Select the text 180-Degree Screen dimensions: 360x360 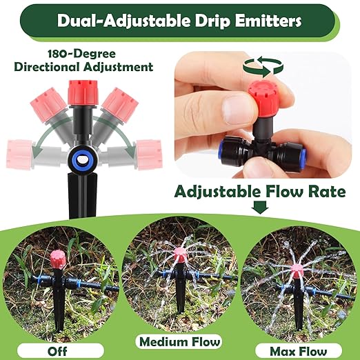coord(81,54)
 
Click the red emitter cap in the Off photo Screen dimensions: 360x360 coord(57,262)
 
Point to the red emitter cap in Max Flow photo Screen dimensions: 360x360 coord(299,267)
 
